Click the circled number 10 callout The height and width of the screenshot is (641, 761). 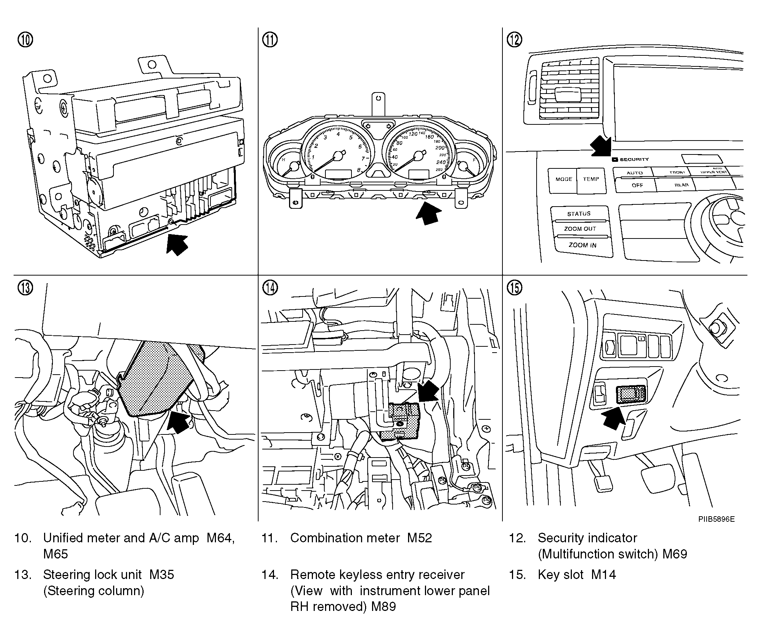pos(25,40)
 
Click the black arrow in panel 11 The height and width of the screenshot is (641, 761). pos(429,214)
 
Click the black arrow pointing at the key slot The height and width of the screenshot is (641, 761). pos(613,419)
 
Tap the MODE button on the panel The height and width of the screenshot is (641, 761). pos(564,179)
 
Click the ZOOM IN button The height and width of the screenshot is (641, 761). pos(583,245)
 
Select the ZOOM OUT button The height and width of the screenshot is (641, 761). pos(580,229)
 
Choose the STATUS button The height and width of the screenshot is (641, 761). pos(579,214)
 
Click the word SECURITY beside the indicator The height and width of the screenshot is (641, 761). pos(634,160)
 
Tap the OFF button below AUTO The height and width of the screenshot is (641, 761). pos(637,185)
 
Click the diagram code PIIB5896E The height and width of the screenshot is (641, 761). pos(716,519)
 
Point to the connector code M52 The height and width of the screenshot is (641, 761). pos(419,538)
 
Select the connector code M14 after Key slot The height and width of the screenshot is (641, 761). pos(603,575)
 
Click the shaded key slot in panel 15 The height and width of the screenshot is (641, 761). pos(631,394)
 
